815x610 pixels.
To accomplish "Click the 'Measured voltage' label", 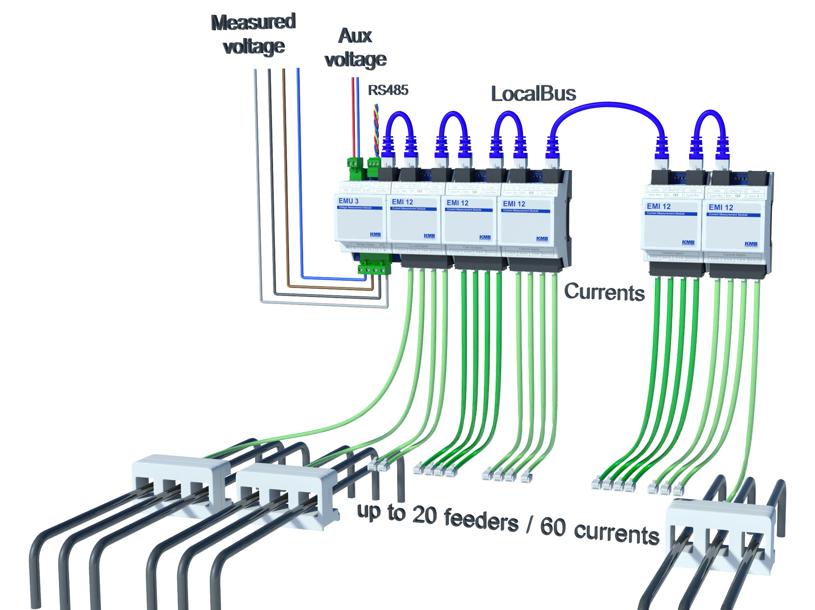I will coord(254,34).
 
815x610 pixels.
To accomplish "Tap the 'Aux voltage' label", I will coord(355,48).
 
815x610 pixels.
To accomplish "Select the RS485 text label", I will coord(388,90).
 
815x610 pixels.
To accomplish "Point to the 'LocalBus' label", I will coord(533,94).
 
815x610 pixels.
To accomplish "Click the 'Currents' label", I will coord(604,293).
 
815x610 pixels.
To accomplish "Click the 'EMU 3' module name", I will coord(348,201).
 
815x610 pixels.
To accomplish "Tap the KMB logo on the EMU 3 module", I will coord(375,235).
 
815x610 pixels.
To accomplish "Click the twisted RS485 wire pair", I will coord(376,129).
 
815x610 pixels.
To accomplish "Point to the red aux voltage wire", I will coord(353,114).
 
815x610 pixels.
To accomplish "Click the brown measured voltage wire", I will coord(284,166).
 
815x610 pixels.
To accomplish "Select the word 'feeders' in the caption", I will coord(481,519).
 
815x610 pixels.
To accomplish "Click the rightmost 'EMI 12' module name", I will coord(721,208).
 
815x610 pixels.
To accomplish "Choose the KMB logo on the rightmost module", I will coord(751,244).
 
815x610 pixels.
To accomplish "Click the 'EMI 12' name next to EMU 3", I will coord(402,202).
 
